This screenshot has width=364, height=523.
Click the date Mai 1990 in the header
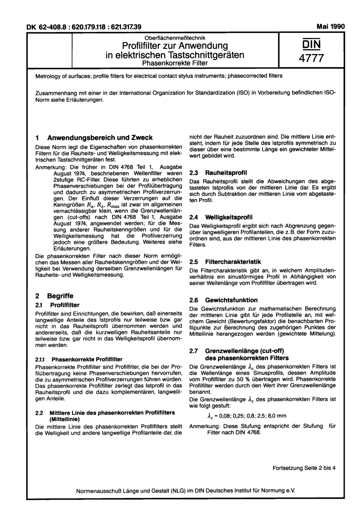point(331,27)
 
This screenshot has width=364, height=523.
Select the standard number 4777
point(311,58)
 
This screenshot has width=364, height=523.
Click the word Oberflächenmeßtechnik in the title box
point(175,38)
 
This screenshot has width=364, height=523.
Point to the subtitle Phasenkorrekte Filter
point(175,63)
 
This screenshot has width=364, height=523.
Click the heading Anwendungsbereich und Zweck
point(100,138)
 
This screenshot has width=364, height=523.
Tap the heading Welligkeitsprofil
point(229,217)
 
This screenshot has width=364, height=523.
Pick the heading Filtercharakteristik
point(233,262)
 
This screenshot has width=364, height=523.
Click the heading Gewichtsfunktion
point(231,300)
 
